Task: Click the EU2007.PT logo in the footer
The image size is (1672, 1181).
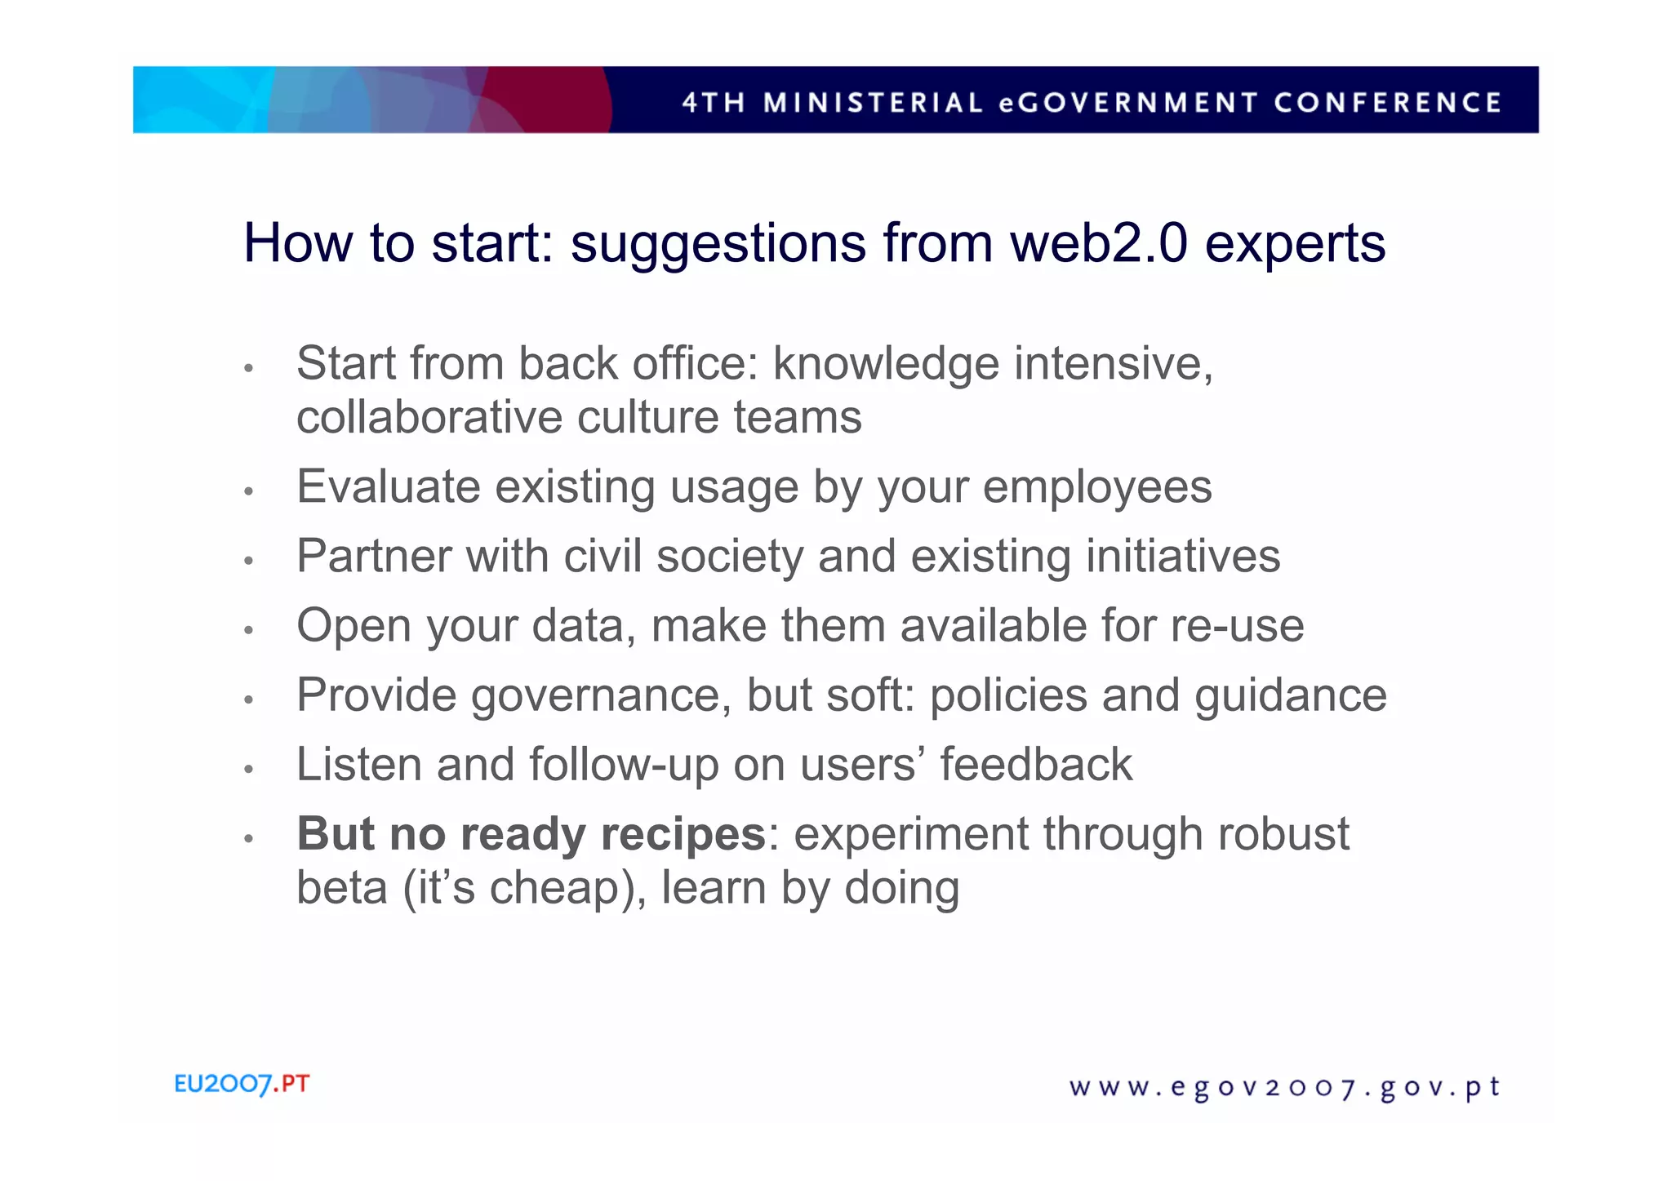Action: (x=242, y=1084)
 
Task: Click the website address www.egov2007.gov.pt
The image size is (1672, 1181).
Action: (x=1284, y=1088)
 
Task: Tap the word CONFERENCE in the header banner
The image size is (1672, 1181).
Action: (x=1387, y=102)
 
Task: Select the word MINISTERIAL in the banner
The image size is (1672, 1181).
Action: (x=873, y=102)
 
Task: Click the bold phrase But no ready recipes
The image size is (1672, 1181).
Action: (x=531, y=835)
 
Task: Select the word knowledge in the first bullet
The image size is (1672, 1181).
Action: (x=886, y=364)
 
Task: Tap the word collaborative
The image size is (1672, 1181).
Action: (x=429, y=417)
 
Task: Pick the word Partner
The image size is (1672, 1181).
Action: (x=374, y=557)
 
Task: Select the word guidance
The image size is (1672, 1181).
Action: (x=1291, y=696)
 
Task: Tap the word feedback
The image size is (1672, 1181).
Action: (x=1036, y=765)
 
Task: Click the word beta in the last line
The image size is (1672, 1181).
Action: (x=341, y=888)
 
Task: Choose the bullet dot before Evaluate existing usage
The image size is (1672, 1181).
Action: (x=249, y=491)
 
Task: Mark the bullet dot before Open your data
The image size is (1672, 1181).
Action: (x=249, y=630)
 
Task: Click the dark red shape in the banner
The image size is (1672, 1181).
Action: (x=547, y=100)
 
